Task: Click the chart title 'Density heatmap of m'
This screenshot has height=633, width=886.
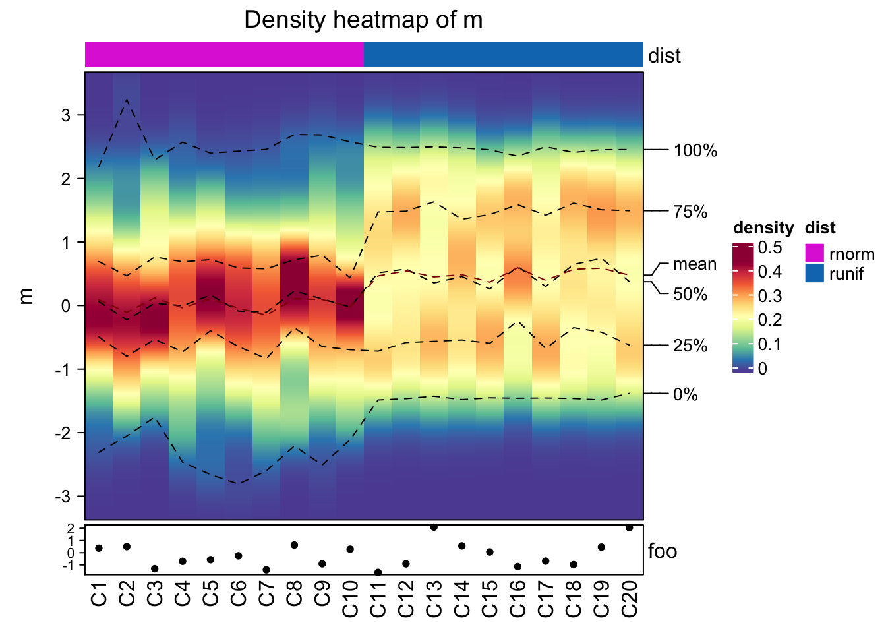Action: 363,20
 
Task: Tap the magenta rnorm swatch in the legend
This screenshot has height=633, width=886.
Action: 815,253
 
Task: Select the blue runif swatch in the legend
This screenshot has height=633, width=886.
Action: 815,273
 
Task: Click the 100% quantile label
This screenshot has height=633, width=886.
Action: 695,150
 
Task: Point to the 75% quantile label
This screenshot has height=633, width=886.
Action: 690,212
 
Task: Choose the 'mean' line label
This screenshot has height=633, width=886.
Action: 695,264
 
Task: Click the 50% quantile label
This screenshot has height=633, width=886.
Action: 690,294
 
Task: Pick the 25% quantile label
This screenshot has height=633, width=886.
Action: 690,346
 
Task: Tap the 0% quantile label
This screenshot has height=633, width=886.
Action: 686,394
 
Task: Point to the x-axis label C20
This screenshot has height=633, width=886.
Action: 630,599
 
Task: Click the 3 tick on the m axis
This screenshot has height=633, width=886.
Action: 65,115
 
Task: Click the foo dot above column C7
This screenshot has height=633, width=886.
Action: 266,570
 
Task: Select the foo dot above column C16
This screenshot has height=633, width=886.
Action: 517,567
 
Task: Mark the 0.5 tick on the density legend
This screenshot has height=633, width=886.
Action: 769,247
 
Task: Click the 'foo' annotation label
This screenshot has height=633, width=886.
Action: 663,551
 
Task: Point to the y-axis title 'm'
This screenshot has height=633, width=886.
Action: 26,296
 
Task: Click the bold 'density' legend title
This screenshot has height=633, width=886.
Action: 763,228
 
